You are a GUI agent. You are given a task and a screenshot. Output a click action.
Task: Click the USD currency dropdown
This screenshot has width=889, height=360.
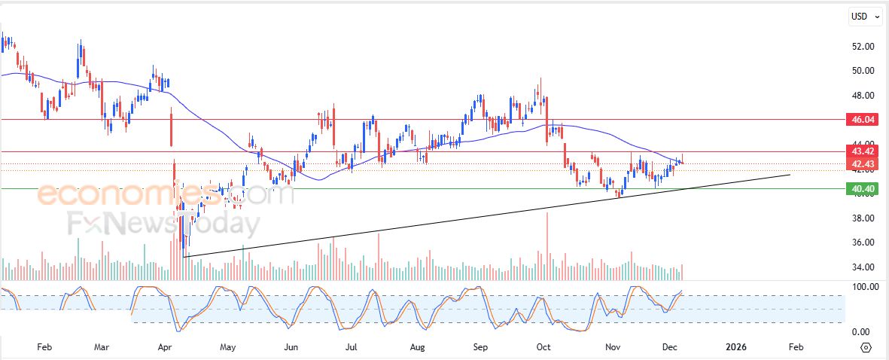[864, 17]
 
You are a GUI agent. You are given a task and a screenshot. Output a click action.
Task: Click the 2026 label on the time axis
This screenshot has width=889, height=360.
[735, 347]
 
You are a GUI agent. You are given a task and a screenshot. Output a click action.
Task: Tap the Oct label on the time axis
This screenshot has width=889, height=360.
[543, 347]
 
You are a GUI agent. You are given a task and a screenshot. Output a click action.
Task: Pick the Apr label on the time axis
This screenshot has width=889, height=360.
[166, 347]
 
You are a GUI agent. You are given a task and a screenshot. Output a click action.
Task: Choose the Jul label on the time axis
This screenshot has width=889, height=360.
[351, 347]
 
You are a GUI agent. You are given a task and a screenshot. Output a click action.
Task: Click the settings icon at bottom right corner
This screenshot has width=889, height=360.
[866, 347]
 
